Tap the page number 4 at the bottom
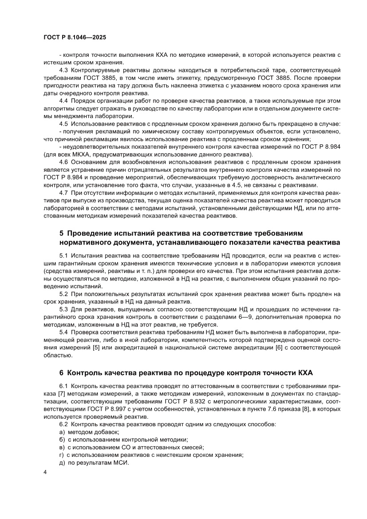45,483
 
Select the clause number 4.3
64,71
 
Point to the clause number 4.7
64,193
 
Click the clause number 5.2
64,294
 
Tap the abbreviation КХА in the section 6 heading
306,372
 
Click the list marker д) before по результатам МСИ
62,463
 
